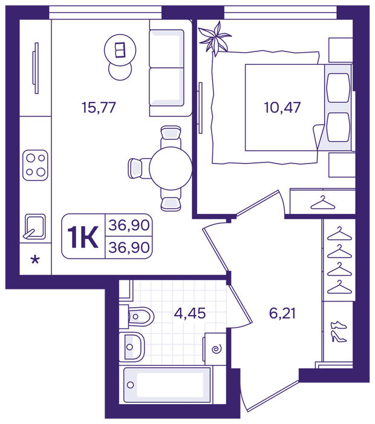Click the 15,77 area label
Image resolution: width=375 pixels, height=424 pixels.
(99, 107)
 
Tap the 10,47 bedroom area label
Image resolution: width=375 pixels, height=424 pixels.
(282, 107)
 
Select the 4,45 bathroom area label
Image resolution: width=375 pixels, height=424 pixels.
(190, 313)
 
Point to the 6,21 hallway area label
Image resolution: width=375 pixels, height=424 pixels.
(282, 313)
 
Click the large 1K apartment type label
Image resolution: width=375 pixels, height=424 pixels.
(83, 237)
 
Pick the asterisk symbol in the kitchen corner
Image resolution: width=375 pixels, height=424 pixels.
(35, 260)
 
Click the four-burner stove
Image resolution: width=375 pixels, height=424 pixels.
(35, 165)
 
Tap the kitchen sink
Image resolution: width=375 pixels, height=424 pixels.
(34, 227)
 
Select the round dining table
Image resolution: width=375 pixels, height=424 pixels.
(171, 168)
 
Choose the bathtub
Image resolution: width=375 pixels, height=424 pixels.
(167, 385)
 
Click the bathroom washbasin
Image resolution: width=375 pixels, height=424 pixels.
(132, 347)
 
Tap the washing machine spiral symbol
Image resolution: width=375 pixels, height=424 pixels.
(216, 349)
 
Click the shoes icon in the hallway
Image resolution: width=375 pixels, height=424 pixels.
(339, 332)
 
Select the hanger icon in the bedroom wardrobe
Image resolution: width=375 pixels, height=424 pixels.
(323, 202)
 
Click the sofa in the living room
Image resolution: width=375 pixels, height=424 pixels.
(171, 68)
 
